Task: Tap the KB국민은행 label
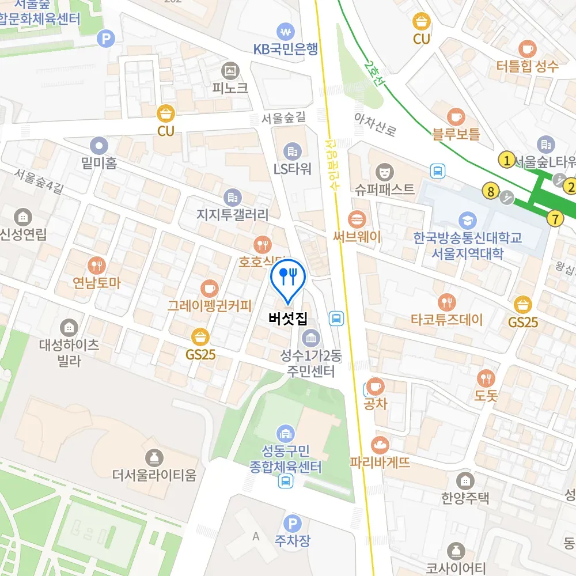(286, 49)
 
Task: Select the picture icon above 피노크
(230, 71)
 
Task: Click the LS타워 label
(293, 169)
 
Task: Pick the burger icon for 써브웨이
(357, 219)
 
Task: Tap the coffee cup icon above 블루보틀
(456, 117)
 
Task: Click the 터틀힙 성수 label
(528, 66)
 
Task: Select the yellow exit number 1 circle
(507, 160)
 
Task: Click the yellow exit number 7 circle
(555, 218)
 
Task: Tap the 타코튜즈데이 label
(447, 319)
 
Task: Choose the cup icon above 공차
(376, 385)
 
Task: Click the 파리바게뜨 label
(380, 462)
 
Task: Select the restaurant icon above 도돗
(486, 378)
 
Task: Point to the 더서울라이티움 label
(154, 476)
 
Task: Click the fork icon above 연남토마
(96, 266)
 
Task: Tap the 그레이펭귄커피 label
(210, 305)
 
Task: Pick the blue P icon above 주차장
(293, 523)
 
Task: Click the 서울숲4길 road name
(38, 180)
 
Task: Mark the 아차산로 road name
(376, 124)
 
